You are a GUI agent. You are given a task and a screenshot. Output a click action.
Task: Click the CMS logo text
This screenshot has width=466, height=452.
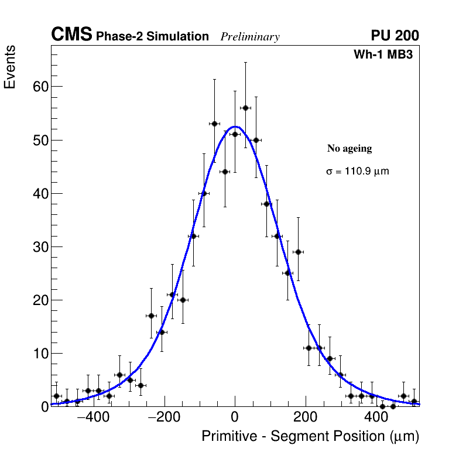(x=71, y=35)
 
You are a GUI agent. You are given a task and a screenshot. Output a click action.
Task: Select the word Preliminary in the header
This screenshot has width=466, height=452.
(x=250, y=37)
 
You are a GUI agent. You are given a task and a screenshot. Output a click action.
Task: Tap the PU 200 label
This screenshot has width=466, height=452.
(x=395, y=36)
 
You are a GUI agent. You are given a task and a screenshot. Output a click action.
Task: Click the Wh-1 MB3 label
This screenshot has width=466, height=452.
(x=386, y=55)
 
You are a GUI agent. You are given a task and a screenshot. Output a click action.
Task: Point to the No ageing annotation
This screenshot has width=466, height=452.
(x=349, y=149)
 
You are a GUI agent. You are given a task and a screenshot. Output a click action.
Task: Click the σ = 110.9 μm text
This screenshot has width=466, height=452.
(x=357, y=172)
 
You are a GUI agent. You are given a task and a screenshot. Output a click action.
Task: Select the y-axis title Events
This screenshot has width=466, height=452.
(x=10, y=68)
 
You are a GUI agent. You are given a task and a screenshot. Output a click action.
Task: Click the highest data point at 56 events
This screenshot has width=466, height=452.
(x=245, y=108)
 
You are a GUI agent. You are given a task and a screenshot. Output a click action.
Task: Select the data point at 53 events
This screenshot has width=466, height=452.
(x=214, y=124)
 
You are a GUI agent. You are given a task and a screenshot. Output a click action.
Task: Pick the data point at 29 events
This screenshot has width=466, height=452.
(x=298, y=252)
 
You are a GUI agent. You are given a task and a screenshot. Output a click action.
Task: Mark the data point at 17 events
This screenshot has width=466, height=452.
(x=151, y=316)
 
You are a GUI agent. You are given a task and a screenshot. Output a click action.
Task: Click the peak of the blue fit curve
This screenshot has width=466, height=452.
(x=235, y=126)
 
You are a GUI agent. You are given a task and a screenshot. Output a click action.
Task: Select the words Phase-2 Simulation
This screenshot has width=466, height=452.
(x=152, y=37)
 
